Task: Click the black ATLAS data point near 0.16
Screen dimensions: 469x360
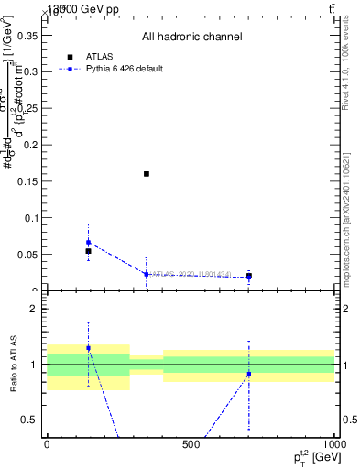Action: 147,174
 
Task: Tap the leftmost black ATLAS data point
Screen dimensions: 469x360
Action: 88,251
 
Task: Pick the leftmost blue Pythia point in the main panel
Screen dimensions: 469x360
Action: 88,243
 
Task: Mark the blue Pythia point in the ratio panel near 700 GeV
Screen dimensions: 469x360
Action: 249,374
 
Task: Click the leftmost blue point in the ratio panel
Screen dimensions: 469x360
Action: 88,348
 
